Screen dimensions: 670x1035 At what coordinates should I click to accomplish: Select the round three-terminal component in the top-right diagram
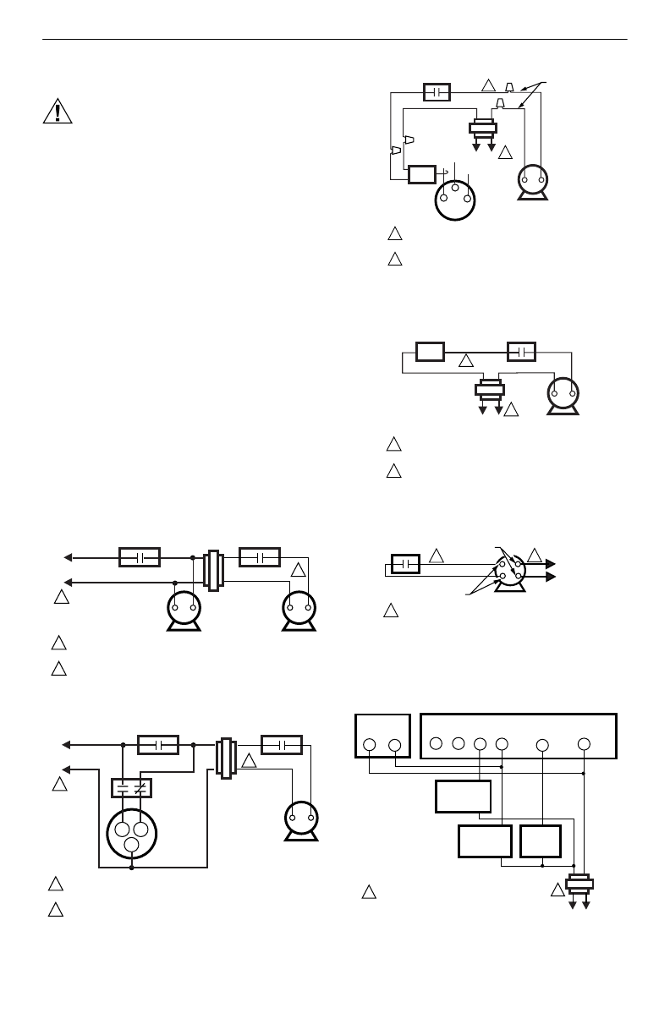pos(455,199)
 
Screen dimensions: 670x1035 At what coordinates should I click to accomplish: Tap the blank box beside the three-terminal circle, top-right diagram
pos(420,175)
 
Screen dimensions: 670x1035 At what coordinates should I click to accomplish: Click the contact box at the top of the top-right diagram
pos(436,91)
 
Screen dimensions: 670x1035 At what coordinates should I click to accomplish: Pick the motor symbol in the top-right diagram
pos(533,181)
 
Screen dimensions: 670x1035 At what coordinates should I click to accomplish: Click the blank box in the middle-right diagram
pos(430,351)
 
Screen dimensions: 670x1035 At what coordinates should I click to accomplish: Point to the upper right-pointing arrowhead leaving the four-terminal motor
pos(549,562)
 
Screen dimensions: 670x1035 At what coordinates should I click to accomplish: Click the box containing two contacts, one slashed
pos(131,787)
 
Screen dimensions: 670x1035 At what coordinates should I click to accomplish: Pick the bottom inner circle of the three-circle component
pos(132,844)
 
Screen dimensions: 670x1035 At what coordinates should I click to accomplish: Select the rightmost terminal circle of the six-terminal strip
pos(584,744)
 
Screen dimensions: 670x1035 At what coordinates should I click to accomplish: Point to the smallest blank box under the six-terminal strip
pos(541,841)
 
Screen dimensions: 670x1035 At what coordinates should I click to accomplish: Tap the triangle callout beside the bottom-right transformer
pos(557,889)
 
